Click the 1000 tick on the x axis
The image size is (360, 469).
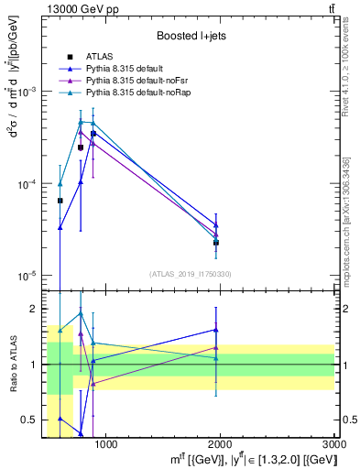point(106,445)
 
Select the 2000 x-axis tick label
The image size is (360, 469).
point(220,445)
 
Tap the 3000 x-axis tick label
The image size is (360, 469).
point(333,445)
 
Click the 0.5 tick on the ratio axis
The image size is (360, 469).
point(33,420)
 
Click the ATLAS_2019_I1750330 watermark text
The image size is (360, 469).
point(191,274)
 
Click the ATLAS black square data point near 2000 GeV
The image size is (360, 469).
point(216,243)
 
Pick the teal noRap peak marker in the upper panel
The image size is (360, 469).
point(81,121)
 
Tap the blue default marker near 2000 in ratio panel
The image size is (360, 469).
point(216,330)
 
